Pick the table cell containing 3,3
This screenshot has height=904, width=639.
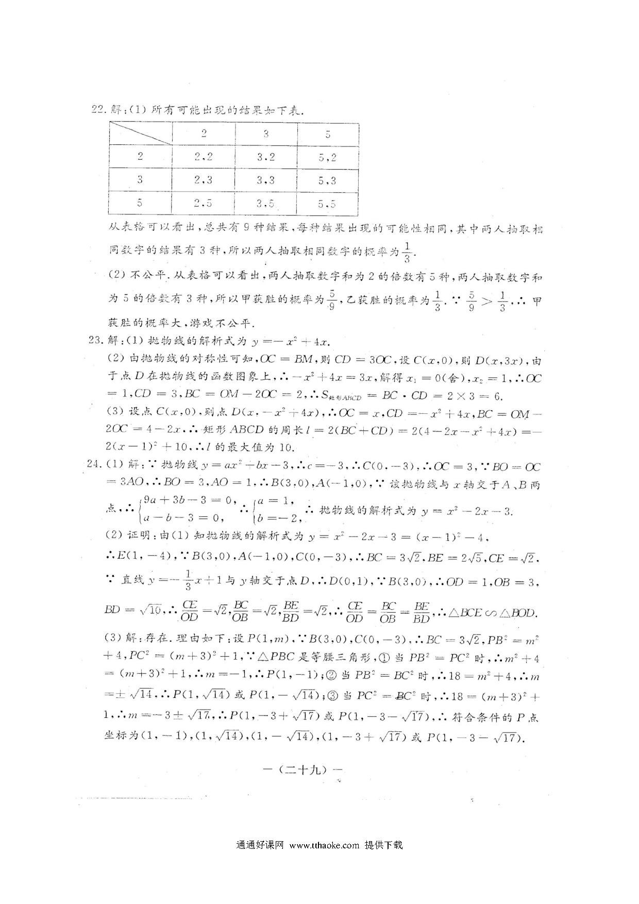(x=266, y=180)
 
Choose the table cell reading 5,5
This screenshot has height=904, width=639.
(x=327, y=204)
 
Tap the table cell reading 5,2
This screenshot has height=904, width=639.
(x=327, y=157)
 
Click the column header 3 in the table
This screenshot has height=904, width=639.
(x=266, y=134)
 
